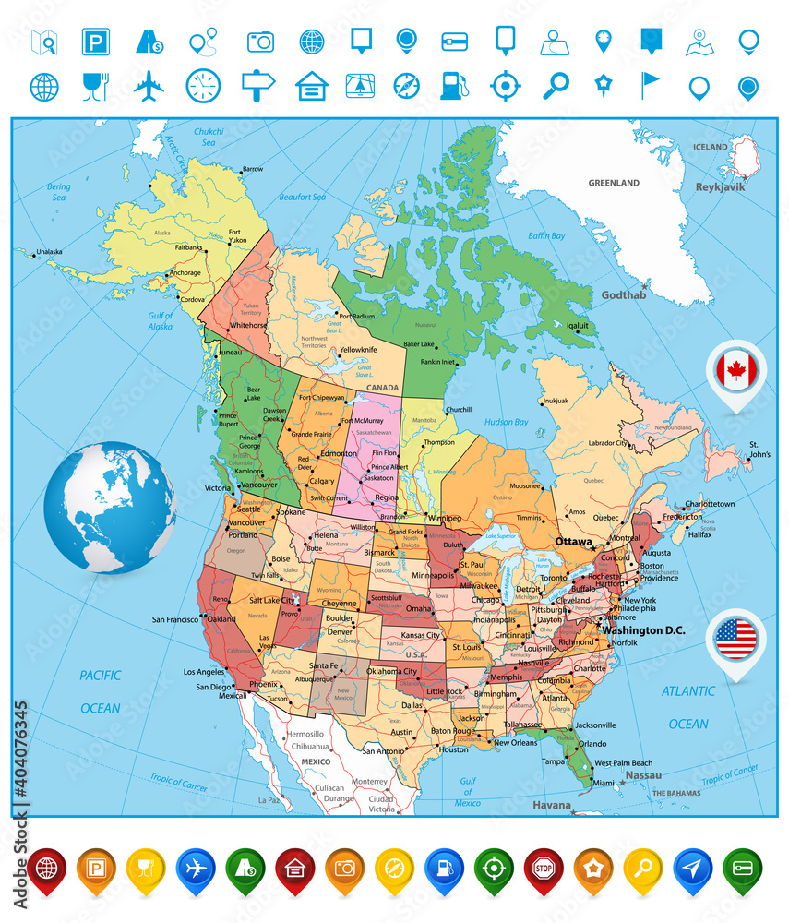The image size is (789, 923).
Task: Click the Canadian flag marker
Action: click(736, 371)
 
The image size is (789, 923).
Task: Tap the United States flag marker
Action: click(736, 639)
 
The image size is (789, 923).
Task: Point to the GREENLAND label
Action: click(614, 183)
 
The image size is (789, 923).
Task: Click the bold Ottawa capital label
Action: click(574, 542)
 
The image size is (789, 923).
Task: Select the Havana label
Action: click(552, 805)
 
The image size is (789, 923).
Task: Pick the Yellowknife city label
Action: click(358, 350)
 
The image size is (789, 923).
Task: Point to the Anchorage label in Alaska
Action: click(185, 272)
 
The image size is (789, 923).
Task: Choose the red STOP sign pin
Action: click(544, 869)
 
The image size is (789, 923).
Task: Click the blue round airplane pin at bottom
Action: click(195, 869)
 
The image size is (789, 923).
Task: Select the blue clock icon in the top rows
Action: click(203, 86)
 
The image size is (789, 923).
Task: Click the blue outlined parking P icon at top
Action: click(95, 42)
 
